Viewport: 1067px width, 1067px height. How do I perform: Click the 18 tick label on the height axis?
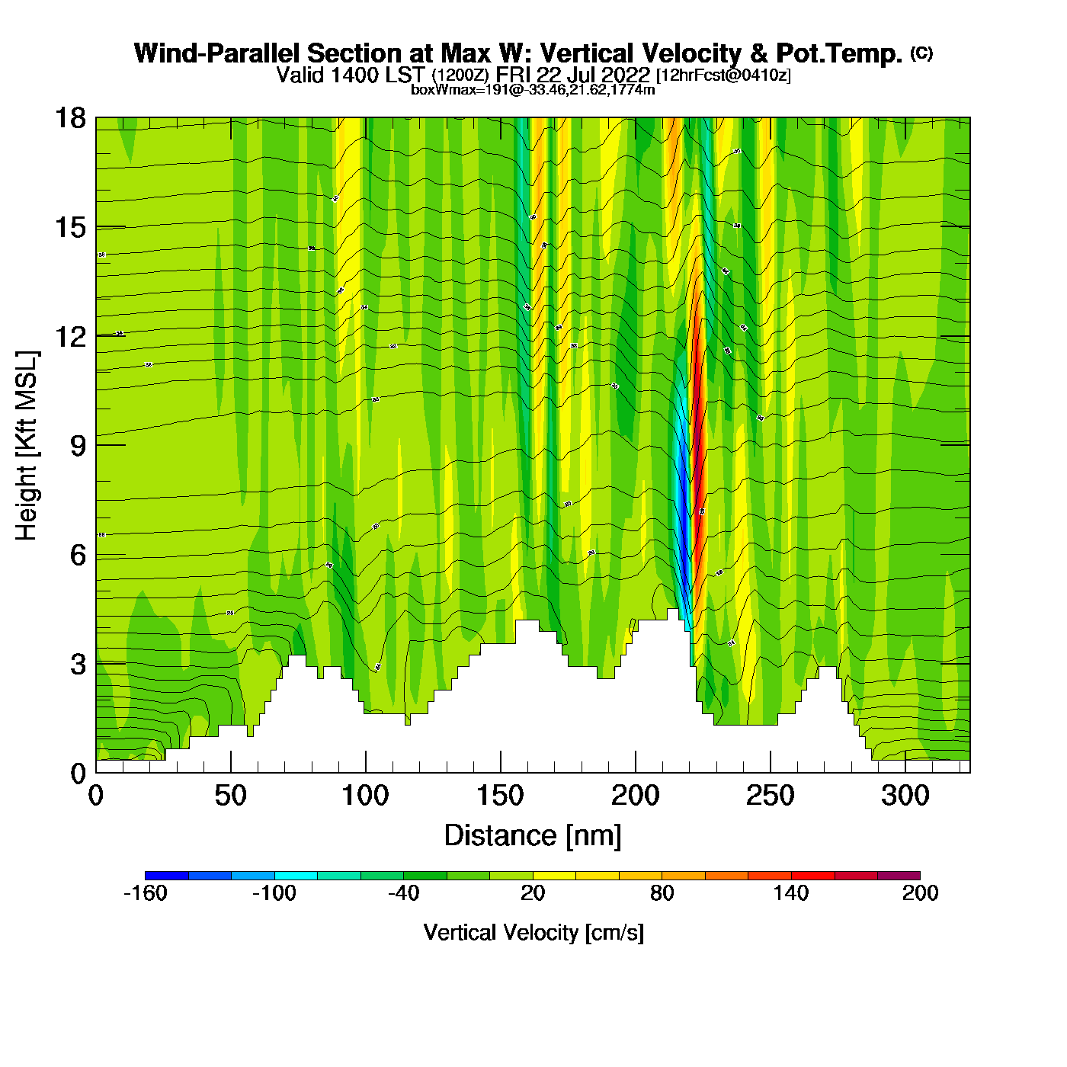[x=70, y=118]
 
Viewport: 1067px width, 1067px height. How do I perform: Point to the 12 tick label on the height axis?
[x=70, y=336]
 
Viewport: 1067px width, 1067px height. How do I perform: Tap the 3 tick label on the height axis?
[x=78, y=664]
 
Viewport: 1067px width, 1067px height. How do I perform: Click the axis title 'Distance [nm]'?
[x=533, y=836]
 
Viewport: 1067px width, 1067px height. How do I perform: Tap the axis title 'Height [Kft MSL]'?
[x=27, y=446]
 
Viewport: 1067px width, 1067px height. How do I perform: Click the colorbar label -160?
[x=145, y=893]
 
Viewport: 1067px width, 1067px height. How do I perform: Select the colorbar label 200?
[x=920, y=893]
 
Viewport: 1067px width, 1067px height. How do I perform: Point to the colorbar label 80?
[x=662, y=893]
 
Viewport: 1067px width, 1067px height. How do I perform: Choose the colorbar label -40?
[x=403, y=893]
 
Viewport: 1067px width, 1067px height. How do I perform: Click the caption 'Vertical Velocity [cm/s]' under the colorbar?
[x=533, y=933]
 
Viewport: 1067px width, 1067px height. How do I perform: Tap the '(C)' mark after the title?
[x=921, y=53]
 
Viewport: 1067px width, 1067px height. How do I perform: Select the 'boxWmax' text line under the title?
[x=533, y=90]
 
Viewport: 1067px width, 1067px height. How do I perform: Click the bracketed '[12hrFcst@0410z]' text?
[x=723, y=75]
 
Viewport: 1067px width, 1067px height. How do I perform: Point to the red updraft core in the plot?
[x=697, y=427]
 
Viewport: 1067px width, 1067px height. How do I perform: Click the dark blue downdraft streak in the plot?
[x=684, y=533]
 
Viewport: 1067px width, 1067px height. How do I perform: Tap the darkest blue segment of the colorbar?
[x=166, y=876]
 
